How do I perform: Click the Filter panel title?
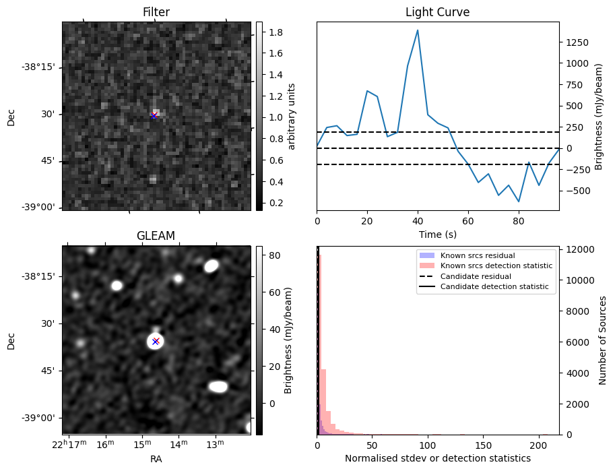(156, 12)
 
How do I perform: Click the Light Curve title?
(437, 12)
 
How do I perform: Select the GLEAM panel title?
(156, 236)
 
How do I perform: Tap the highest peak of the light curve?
(418, 30)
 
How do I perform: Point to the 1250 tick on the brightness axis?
(579, 42)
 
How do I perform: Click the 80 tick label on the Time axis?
(518, 220)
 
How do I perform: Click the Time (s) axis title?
(437, 232)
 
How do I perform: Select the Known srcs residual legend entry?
(478, 256)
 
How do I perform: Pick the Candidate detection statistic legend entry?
(494, 287)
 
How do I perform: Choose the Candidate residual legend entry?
(476, 276)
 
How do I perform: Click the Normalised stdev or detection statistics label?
(437, 458)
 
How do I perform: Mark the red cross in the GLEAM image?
(156, 341)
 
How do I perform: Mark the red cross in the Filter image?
(154, 116)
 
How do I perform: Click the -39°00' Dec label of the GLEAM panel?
(40, 418)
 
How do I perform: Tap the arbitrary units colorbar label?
(292, 116)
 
